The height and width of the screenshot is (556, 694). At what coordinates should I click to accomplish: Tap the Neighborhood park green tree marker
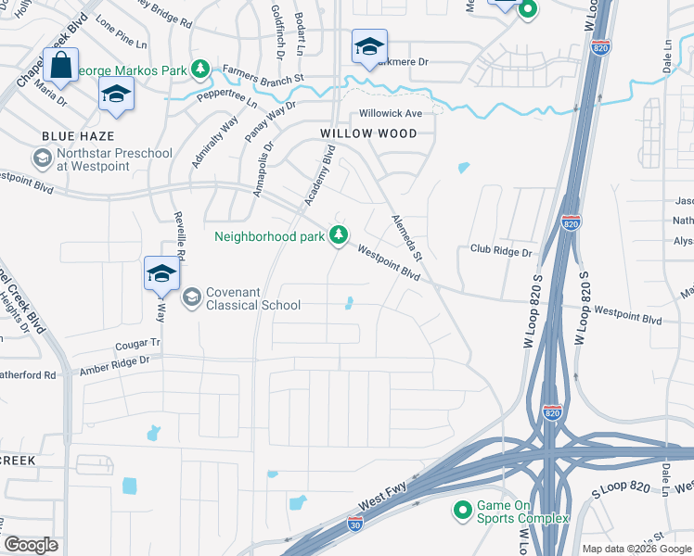[341, 235]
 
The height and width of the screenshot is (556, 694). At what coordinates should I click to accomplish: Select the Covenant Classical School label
[252, 297]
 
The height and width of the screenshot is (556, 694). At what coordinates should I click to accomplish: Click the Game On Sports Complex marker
[461, 510]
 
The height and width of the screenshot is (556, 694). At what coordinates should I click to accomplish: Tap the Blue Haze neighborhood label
[72, 136]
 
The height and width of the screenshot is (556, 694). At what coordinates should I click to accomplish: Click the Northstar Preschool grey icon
[42, 158]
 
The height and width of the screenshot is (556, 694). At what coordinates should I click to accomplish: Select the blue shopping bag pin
[60, 68]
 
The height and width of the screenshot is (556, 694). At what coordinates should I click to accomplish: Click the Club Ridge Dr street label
[501, 251]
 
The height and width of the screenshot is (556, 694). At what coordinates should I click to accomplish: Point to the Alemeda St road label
[405, 235]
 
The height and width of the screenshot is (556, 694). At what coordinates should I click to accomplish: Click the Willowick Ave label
[391, 114]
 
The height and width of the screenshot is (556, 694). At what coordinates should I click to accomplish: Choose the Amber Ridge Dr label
[114, 364]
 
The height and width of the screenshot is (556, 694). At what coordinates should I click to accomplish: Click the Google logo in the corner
[31, 545]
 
